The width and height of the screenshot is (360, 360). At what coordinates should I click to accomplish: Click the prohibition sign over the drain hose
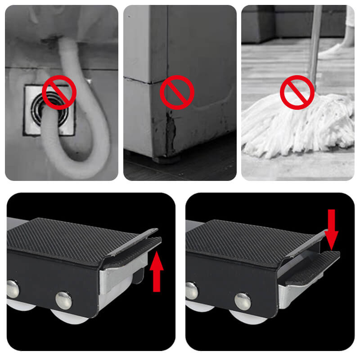click(x=58, y=92)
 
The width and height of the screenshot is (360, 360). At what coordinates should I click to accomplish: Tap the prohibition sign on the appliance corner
click(x=178, y=92)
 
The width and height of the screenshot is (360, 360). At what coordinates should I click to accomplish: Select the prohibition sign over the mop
click(x=297, y=92)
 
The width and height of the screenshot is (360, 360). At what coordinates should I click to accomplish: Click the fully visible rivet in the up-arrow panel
click(x=63, y=300)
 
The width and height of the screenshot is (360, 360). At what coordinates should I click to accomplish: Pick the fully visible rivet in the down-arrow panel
click(x=243, y=301)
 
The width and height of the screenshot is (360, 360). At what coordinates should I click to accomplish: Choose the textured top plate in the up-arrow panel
click(x=76, y=238)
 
